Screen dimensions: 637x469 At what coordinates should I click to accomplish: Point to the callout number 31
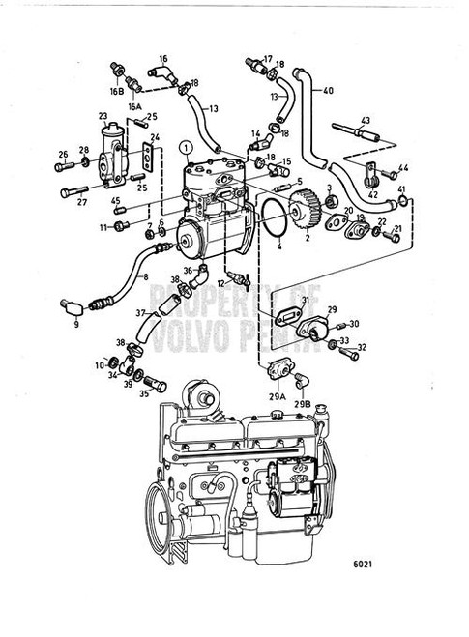[x=304, y=301]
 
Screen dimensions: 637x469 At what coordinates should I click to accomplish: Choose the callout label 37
[x=139, y=314]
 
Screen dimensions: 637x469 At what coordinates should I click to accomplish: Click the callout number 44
[x=405, y=169]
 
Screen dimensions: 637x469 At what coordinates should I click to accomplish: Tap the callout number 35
[x=145, y=394]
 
